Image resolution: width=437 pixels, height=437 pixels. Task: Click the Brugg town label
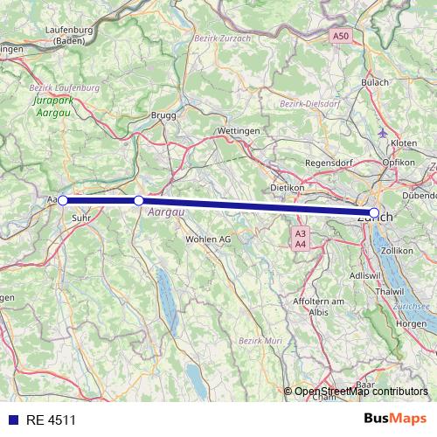pos(163,114)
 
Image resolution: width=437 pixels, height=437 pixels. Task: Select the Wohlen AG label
pos(208,239)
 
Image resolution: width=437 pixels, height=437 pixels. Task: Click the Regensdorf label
pos(328,163)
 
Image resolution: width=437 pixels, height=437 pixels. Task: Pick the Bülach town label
pos(376,83)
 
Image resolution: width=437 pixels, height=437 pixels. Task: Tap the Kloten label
pos(405,142)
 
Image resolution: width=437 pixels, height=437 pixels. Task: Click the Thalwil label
pos(386,291)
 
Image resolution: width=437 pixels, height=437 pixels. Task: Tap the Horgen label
pos(411,323)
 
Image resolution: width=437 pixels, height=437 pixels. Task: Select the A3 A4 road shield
pos(301,239)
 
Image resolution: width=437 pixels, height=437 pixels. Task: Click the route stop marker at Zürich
pos(374,213)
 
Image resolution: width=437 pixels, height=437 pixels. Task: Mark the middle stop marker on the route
pos(139,201)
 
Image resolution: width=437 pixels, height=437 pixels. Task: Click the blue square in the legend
pos(12,420)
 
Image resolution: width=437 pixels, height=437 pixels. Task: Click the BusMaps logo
pos(395,419)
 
